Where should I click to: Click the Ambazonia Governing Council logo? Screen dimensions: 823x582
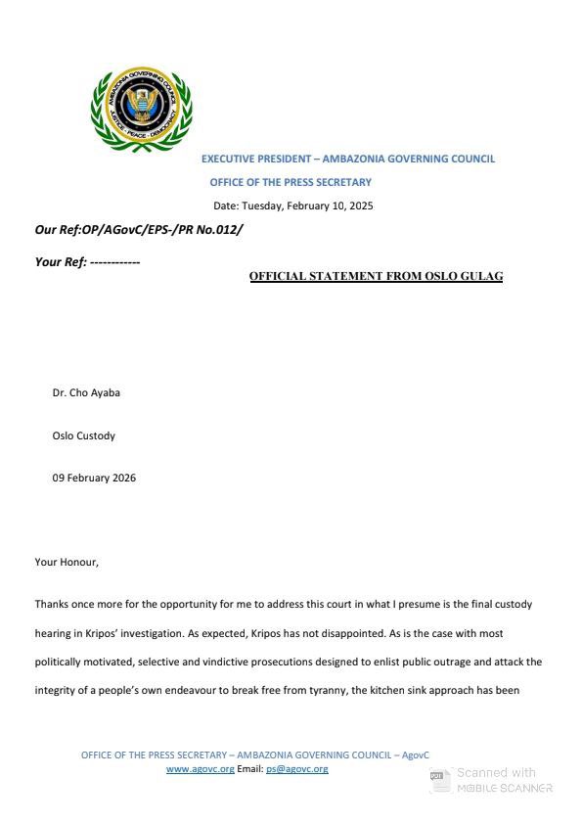pyautogui.click(x=141, y=111)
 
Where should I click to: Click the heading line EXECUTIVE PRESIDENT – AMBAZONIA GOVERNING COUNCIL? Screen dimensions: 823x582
pyautogui.click(x=347, y=159)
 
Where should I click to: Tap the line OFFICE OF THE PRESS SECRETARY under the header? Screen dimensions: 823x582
pyautogui.click(x=291, y=182)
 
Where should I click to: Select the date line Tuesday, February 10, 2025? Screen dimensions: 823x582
pyautogui.click(x=293, y=206)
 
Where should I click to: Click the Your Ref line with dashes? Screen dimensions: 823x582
pyautogui.click(x=87, y=261)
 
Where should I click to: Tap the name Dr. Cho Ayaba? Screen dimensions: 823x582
pyautogui.click(x=86, y=393)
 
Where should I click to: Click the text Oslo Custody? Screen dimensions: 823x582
pyautogui.click(x=83, y=435)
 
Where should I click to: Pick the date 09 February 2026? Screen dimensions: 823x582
pyautogui.click(x=94, y=478)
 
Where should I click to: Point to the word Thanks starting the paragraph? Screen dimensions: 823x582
pyautogui.click(x=53, y=604)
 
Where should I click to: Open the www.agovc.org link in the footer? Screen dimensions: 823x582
pyautogui.click(x=200, y=769)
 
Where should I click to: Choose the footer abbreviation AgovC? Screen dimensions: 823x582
pyautogui.click(x=415, y=754)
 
